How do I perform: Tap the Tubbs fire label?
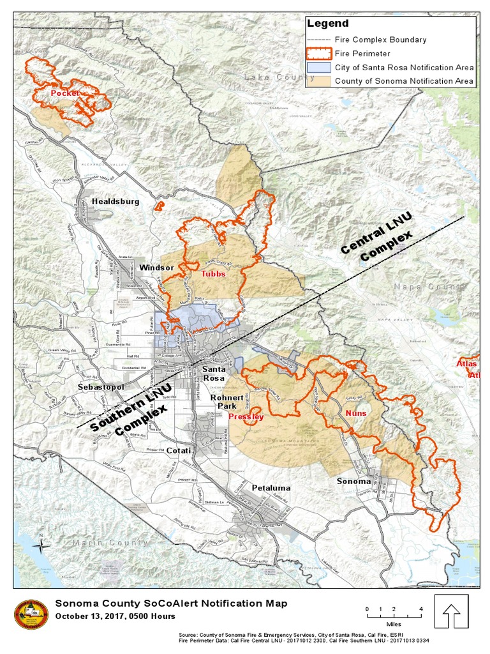(213, 274)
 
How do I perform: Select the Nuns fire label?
(356, 413)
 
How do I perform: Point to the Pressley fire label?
(246, 417)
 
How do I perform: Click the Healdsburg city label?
(115, 201)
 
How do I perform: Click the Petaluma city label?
(271, 488)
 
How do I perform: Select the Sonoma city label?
(353, 482)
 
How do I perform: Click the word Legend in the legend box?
(329, 24)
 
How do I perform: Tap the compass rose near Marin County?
(41, 545)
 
